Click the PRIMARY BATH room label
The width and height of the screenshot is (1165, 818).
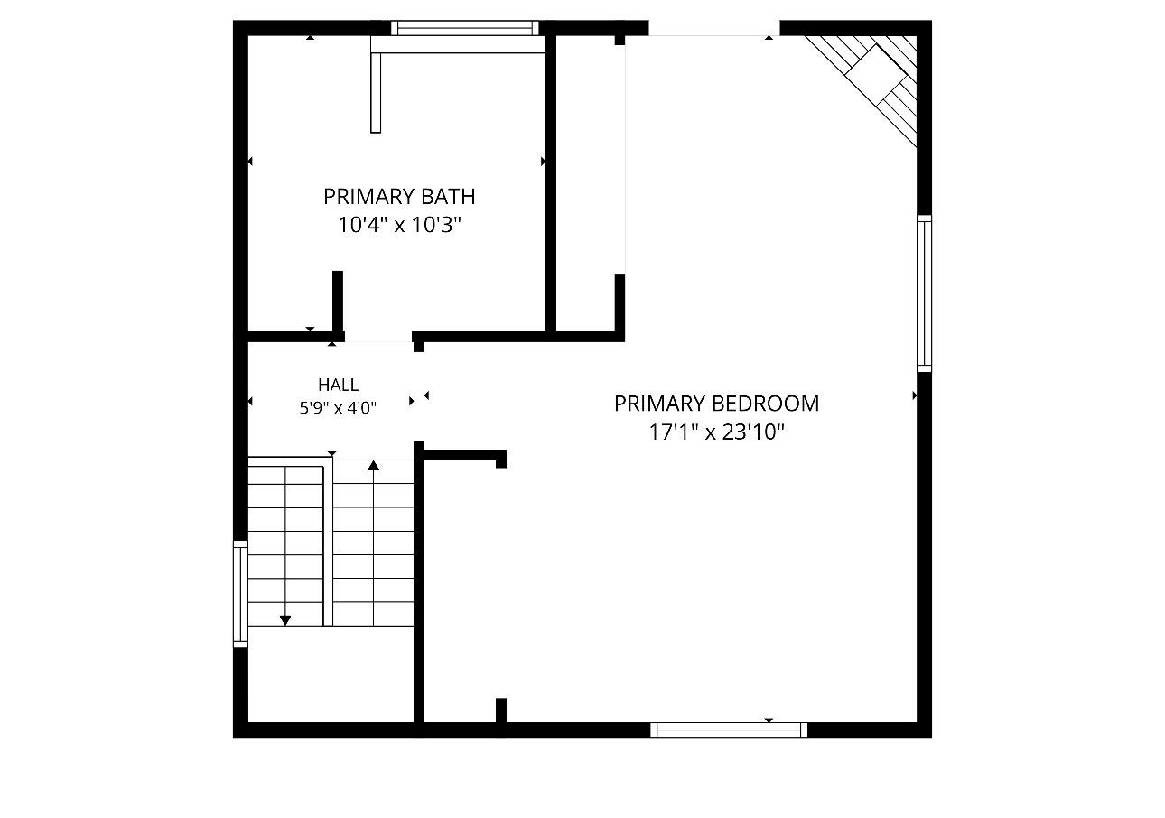(x=399, y=197)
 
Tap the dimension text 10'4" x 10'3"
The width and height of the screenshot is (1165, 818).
(x=399, y=225)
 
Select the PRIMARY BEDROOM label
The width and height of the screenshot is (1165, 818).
(x=716, y=404)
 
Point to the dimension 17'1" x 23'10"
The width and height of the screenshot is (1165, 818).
(x=716, y=432)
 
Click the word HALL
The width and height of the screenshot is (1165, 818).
(x=338, y=385)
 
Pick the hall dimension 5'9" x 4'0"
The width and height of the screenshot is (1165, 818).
(x=338, y=408)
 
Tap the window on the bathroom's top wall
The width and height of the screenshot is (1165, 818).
(x=465, y=28)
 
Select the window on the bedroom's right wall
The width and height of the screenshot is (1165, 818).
(x=924, y=293)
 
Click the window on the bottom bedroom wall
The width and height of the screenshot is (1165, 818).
(x=729, y=730)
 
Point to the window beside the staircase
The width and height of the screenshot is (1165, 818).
(x=240, y=594)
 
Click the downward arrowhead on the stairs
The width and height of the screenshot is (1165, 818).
(x=285, y=620)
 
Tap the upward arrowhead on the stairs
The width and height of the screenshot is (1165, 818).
(x=373, y=465)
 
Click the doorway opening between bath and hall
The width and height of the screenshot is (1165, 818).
(x=378, y=337)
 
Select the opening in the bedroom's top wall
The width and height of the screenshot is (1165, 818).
(x=714, y=28)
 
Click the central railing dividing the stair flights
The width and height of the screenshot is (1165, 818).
(x=328, y=541)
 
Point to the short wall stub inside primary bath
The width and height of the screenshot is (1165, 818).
(x=338, y=302)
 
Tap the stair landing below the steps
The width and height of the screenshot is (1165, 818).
(x=331, y=674)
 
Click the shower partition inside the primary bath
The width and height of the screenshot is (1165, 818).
(x=376, y=92)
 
